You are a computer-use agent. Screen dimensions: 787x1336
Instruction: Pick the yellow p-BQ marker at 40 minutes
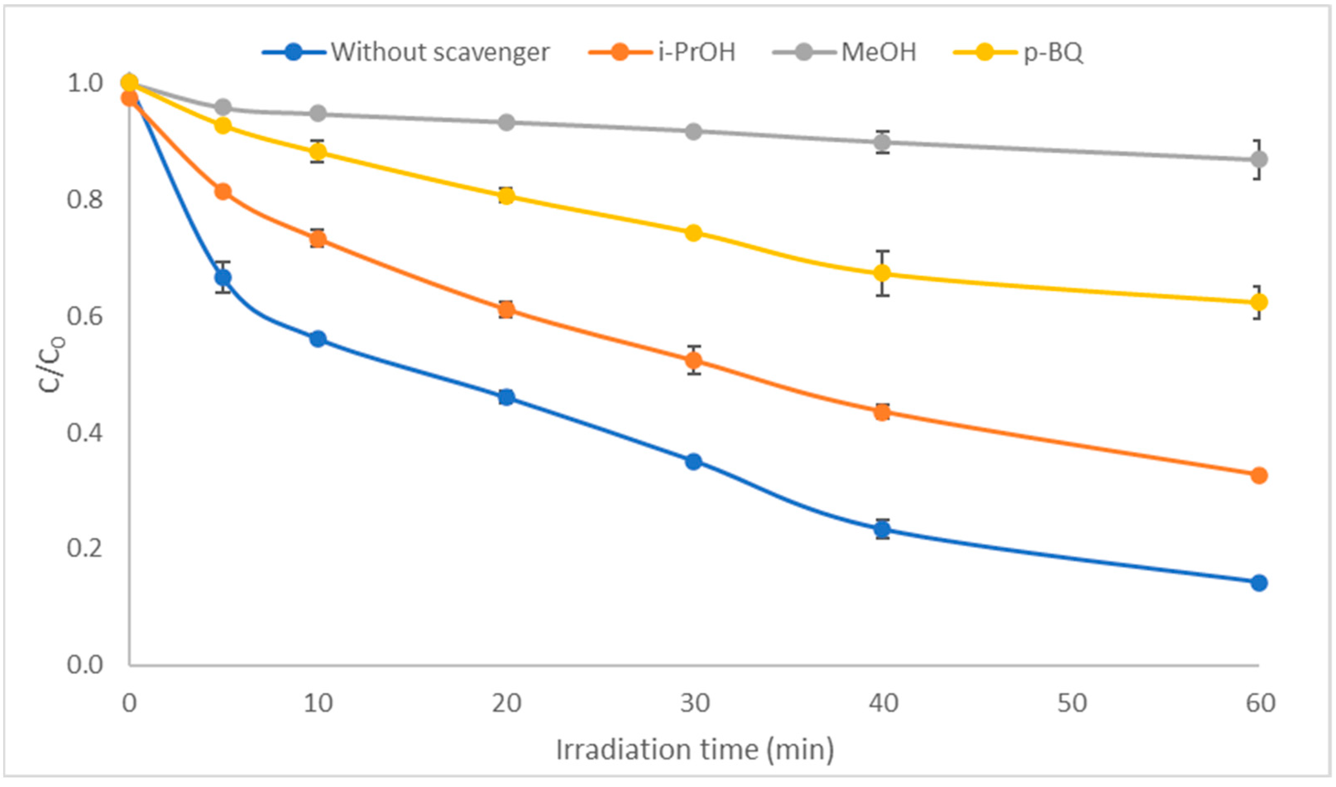[882, 274]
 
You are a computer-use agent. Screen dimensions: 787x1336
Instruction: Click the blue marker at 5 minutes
[223, 277]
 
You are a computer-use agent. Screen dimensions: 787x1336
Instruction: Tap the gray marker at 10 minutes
[318, 113]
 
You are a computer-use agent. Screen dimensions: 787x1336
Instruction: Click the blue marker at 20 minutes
[506, 397]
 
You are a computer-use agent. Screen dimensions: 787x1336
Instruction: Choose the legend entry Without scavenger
[440, 52]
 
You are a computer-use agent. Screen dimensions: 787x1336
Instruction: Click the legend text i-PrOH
[697, 52]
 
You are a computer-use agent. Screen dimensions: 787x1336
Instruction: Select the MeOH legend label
[879, 52]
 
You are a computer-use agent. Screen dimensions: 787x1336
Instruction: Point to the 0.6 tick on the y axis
[84, 316]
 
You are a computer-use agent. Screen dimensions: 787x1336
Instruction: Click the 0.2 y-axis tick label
[84, 548]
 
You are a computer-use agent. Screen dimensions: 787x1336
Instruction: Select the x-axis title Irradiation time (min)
[694, 750]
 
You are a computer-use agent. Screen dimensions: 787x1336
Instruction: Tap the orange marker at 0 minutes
[129, 98]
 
